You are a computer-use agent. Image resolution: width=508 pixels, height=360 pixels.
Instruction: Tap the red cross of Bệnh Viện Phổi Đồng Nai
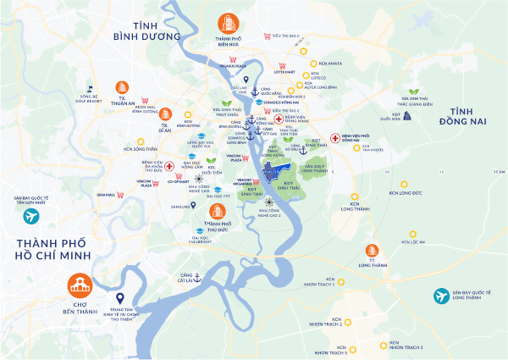(335, 136)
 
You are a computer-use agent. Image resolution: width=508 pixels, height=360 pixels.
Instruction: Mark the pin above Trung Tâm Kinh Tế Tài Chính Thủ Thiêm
(119, 298)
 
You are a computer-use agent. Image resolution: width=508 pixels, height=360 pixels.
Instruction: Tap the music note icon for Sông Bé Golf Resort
(89, 87)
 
